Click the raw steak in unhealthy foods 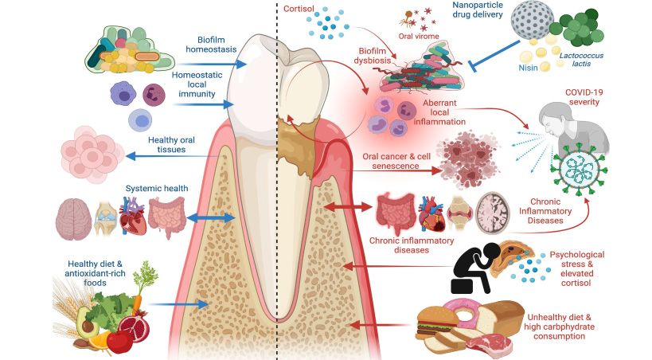[x=490, y=343]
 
